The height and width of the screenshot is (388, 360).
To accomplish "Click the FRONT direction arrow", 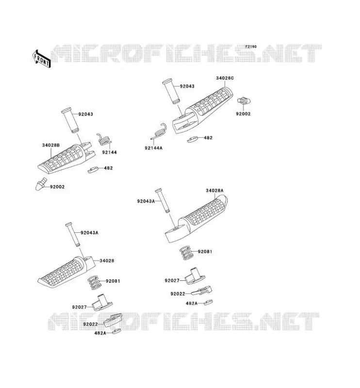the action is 41,59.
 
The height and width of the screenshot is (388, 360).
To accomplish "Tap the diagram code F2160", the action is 251,47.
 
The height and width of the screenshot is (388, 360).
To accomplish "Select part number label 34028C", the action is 225,78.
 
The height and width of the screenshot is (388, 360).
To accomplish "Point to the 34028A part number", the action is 214,191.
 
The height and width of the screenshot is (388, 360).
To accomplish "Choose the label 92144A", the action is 153,148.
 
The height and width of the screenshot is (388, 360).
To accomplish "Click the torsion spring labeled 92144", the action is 103,140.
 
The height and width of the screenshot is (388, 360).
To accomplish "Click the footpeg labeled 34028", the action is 66,272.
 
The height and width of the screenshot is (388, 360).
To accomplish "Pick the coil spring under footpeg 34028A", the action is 186,253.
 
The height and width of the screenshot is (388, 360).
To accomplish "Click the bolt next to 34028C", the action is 244,101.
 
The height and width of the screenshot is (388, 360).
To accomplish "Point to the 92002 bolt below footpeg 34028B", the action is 40,183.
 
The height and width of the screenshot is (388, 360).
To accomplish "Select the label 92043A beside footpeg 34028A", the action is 146,201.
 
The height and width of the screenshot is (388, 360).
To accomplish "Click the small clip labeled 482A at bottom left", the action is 116,331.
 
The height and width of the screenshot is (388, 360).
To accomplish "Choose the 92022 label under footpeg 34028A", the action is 178,294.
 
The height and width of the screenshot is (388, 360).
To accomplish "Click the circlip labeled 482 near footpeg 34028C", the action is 193,139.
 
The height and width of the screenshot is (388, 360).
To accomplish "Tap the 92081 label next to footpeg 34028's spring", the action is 113,281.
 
